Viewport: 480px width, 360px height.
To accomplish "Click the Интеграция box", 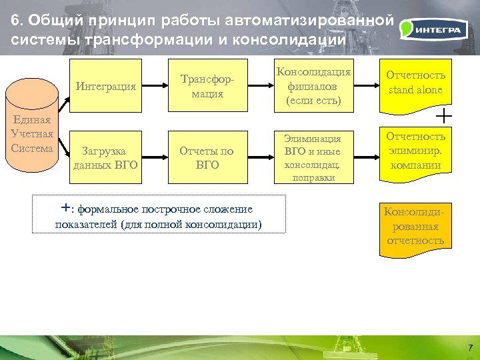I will click(x=106, y=86).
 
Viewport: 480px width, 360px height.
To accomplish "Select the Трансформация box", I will click(x=207, y=86).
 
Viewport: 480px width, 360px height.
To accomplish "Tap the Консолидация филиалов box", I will click(x=313, y=86).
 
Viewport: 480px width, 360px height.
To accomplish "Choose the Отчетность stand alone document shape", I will click(x=416, y=83).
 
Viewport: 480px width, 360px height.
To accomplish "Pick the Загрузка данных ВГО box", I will click(x=106, y=158).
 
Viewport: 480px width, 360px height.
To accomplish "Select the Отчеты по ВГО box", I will click(x=207, y=158).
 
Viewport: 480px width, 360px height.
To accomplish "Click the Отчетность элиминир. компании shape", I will click(x=416, y=152).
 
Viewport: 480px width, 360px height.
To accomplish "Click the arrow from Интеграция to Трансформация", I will click(x=157, y=86).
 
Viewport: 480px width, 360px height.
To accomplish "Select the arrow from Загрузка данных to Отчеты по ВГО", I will click(x=157, y=158).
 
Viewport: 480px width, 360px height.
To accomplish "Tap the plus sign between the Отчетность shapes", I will click(x=442, y=117).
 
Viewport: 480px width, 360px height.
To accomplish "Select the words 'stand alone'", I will click(x=416, y=90).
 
